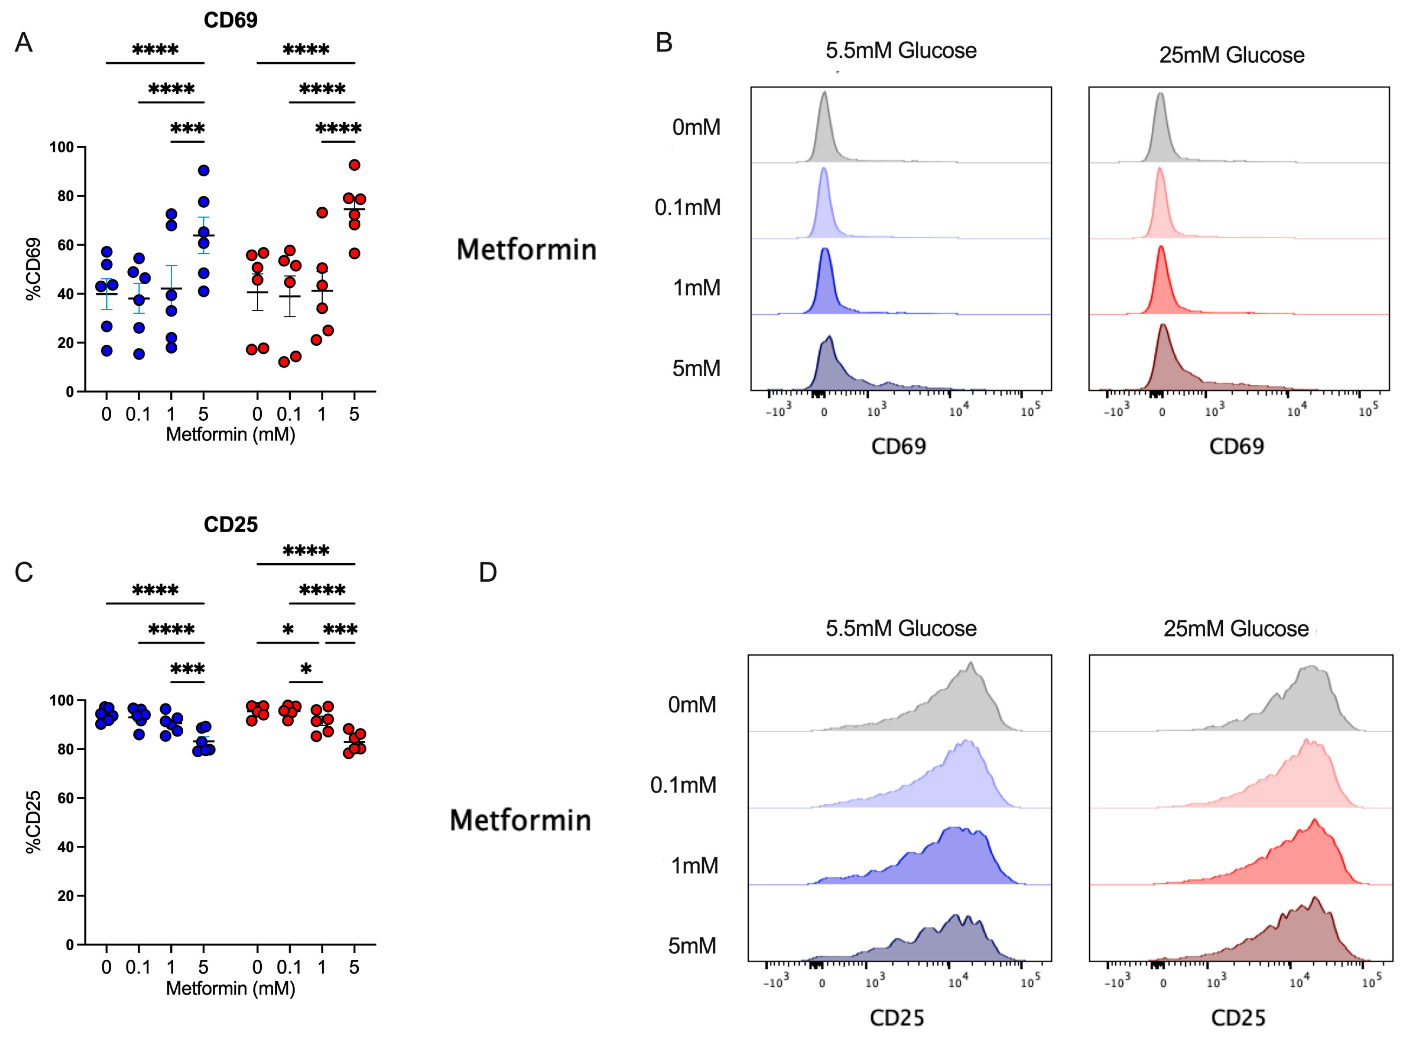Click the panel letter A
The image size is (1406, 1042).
(24, 43)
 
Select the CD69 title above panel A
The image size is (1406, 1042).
(230, 20)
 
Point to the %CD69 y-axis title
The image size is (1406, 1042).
(33, 269)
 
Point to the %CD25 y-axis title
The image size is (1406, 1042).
(33, 822)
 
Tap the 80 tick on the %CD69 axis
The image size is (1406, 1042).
(66, 196)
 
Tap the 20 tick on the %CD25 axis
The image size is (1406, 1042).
(66, 896)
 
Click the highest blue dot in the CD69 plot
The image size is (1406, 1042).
(203, 170)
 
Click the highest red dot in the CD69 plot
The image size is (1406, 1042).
(355, 165)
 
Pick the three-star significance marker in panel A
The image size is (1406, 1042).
(187, 129)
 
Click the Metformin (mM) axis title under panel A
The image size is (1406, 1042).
(230, 434)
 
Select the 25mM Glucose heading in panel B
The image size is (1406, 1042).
(1232, 55)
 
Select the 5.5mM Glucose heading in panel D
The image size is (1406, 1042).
(901, 628)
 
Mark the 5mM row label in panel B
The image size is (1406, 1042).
(696, 368)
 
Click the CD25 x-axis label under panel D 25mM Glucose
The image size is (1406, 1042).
(1238, 1018)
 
